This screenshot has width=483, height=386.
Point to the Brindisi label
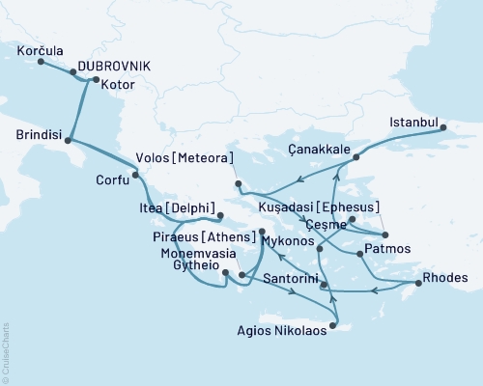[34, 135]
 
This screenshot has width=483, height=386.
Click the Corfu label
[111, 179]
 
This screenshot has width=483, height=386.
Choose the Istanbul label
[412, 123]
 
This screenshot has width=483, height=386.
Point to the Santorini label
[290, 276]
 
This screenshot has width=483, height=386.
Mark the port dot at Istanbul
[442, 127]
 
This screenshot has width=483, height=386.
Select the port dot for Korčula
[41, 62]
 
